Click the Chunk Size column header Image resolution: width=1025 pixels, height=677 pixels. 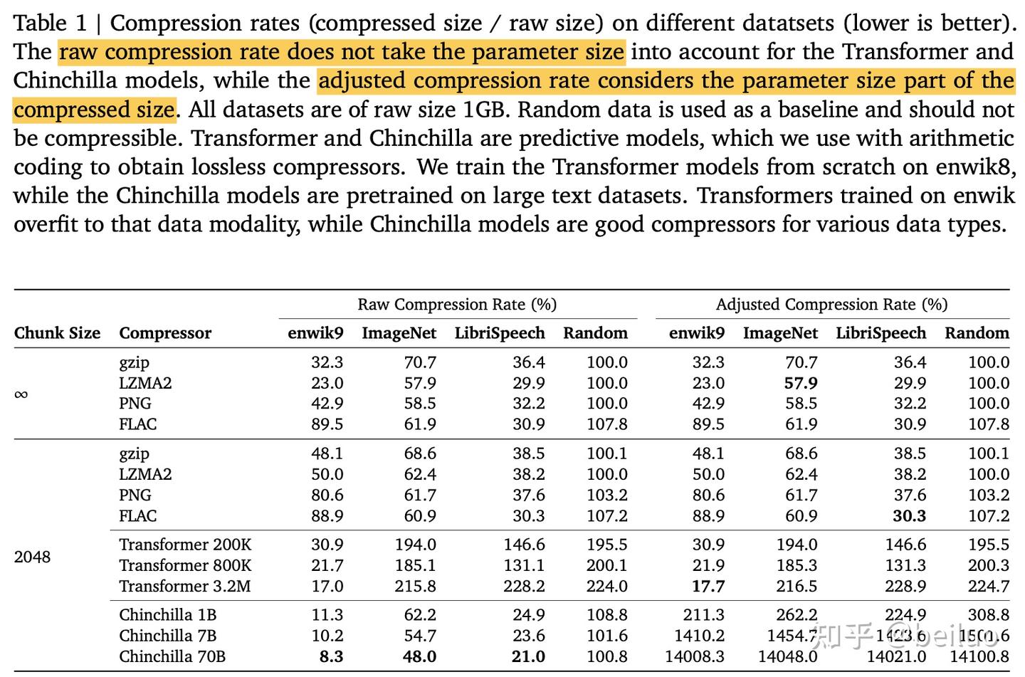pyautogui.click(x=57, y=333)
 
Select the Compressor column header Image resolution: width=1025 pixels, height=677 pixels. pyautogui.click(x=165, y=333)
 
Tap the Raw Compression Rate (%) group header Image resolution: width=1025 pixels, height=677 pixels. pyautogui.click(x=457, y=305)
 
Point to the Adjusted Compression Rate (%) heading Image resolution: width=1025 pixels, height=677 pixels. pyautogui.click(x=831, y=305)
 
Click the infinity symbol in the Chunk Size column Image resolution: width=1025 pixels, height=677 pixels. pyautogui.click(x=21, y=394)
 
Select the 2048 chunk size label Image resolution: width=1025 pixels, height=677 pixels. pyautogui.click(x=32, y=557)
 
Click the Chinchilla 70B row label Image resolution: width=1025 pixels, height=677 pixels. pyautogui.click(x=172, y=656)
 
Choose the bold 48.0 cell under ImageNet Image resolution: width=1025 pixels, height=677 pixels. pyautogui.click(x=419, y=656)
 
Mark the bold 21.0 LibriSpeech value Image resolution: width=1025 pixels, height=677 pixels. pyautogui.click(x=528, y=656)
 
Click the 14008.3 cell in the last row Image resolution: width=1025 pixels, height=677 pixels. pyautogui.click(x=695, y=656)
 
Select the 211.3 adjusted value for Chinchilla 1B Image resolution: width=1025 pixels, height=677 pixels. pyautogui.click(x=704, y=615)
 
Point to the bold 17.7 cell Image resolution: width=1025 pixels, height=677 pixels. pyautogui.click(x=708, y=586)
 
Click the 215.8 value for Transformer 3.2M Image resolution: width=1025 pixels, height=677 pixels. pyautogui.click(x=416, y=586)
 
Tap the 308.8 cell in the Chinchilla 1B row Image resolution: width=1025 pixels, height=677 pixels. pyautogui.click(x=988, y=615)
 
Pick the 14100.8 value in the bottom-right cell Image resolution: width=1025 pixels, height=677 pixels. pyautogui.click(x=979, y=656)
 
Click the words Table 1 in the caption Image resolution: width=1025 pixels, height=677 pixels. pyautogui.click(x=50, y=23)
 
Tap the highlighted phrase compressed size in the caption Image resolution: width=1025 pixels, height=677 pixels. pyautogui.click(x=94, y=110)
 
